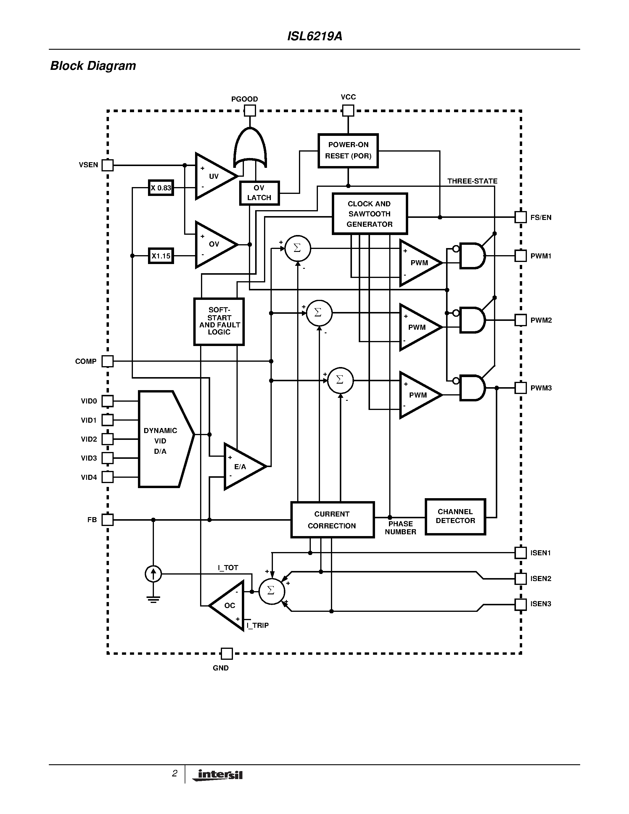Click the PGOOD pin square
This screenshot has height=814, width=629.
pos(250,111)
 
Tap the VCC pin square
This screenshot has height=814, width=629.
pos(348,110)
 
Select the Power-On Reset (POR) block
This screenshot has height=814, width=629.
pos(348,151)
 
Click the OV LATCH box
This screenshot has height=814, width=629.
pos(259,193)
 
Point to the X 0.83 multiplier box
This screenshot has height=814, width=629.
pos(161,188)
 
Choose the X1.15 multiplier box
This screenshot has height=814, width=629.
pos(161,256)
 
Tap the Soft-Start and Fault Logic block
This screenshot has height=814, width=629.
pos(219,321)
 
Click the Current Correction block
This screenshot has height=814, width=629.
pos(332,519)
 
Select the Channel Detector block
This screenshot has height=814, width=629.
pos(455,517)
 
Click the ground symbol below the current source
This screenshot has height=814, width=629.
pos(153,599)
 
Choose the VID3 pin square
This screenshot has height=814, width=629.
pos(108,458)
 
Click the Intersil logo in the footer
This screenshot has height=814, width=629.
pos(218,775)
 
